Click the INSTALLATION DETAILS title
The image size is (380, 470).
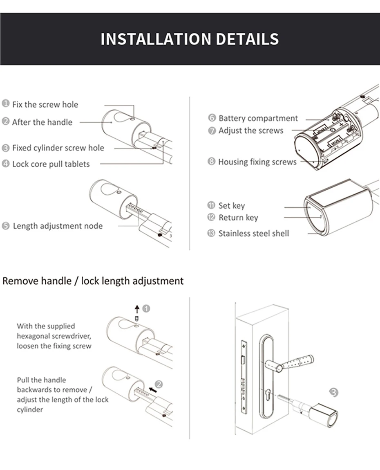coord(190,39)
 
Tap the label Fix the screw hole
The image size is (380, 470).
coord(45,104)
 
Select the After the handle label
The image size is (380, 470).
coord(42,122)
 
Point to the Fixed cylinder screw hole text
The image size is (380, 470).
coord(58,148)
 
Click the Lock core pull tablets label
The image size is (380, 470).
coord(51,164)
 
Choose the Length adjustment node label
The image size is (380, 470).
coord(58,226)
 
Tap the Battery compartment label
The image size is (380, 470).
coord(258,118)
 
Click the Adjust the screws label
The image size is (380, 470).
coord(251,130)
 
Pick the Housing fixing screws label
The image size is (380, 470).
coord(257,162)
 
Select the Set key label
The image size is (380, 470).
coord(232,206)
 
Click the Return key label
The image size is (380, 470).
coord(238,218)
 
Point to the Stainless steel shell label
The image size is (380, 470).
coord(254,233)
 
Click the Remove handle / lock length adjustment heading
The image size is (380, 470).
coord(93,281)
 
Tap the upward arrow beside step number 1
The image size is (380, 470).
coord(137,309)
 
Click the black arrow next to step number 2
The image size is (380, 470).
coord(153,390)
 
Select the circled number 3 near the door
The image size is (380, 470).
coord(333,392)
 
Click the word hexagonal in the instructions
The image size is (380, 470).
coord(33,336)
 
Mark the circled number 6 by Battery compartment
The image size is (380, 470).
coord(212,118)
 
